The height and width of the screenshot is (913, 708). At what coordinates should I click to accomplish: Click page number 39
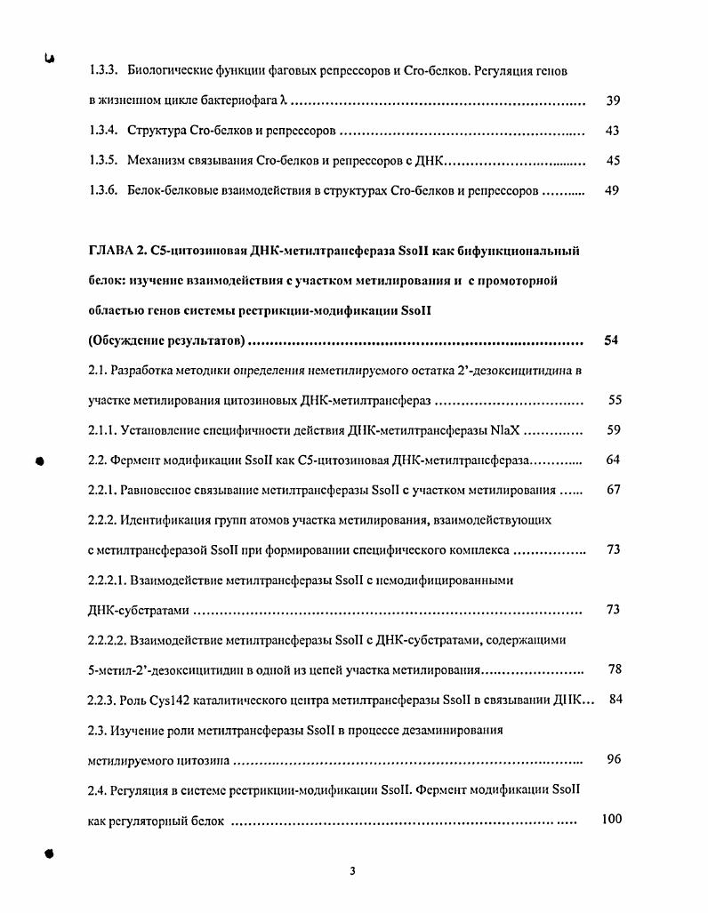[613, 101]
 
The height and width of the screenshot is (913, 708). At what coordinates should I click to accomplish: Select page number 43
[613, 131]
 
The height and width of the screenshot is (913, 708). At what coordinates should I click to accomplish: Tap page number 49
[613, 190]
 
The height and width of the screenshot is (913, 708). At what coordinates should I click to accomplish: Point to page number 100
[612, 819]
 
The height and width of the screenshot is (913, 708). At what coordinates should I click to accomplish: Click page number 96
[614, 759]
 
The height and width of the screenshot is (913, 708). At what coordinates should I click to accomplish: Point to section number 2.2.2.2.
[107, 639]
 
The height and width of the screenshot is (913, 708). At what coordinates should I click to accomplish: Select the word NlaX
[505, 430]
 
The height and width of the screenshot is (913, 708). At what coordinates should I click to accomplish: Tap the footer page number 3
[353, 871]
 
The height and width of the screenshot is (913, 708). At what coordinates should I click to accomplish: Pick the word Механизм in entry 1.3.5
[157, 161]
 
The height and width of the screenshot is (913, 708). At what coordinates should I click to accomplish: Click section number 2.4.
[98, 789]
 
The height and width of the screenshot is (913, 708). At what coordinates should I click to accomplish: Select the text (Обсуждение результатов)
[166, 340]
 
